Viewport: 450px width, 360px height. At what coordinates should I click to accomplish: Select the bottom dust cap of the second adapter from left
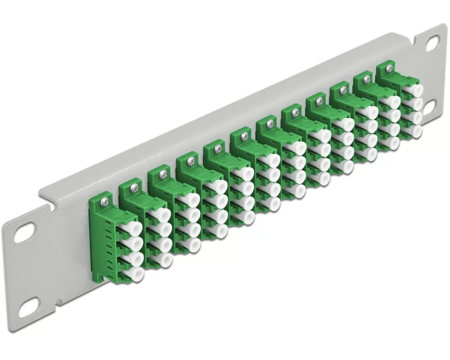(x=165, y=260)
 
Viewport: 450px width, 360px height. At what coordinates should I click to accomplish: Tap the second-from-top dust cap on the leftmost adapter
(x=135, y=243)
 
